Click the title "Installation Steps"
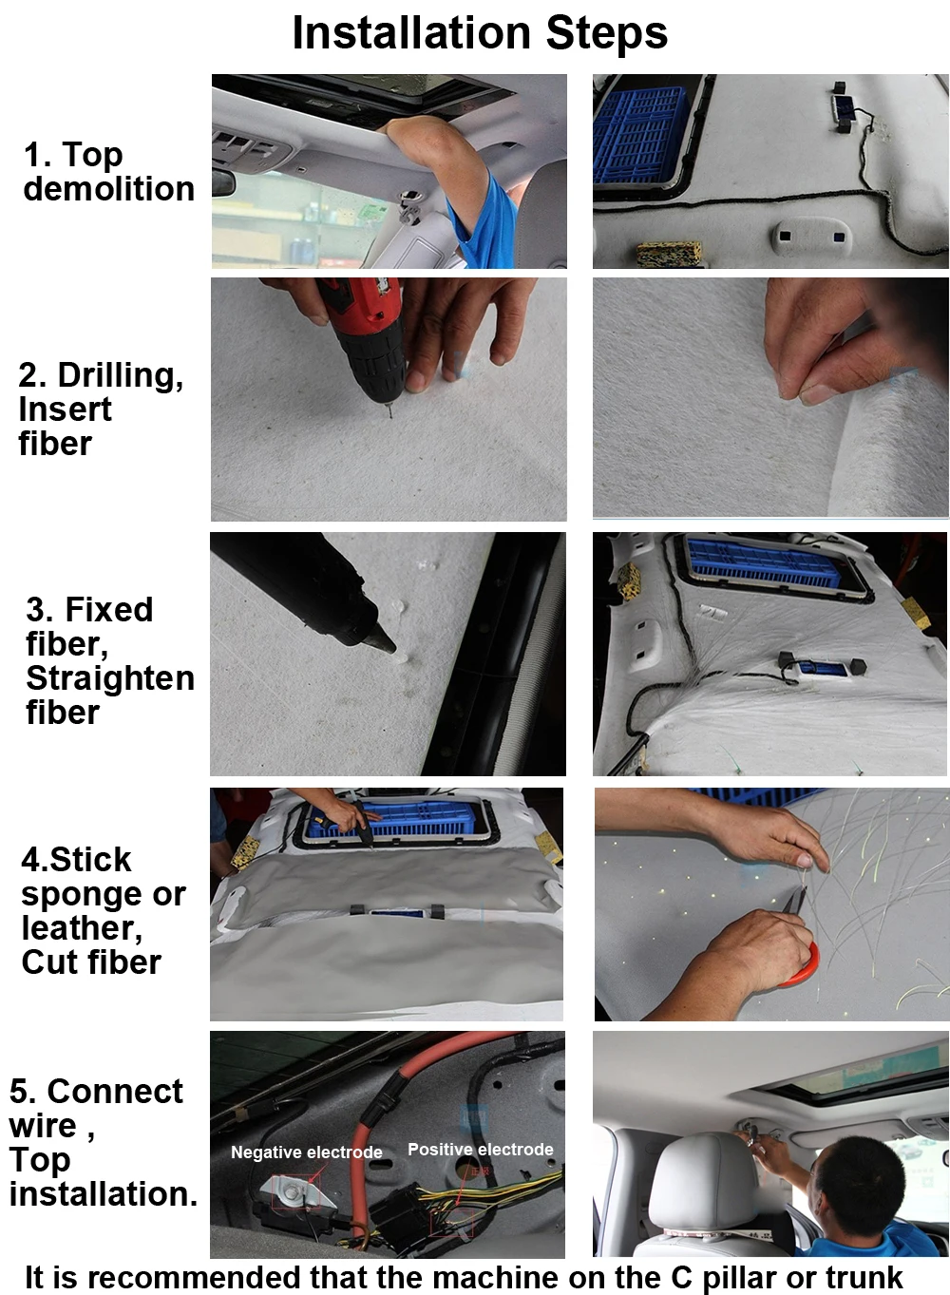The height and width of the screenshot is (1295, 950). pos(480,33)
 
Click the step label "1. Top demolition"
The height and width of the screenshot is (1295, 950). pos(108,172)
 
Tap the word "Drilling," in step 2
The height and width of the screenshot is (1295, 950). pos(121,375)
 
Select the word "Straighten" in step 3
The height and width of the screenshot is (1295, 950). pos(110,677)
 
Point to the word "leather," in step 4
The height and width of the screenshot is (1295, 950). pos(82,928)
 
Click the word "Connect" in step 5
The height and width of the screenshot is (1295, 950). pos(115,1092)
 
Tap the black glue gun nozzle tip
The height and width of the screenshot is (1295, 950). pos(394,650)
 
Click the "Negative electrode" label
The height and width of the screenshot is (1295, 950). pos(307,1152)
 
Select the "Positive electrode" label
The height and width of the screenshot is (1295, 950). pos(481,1150)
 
